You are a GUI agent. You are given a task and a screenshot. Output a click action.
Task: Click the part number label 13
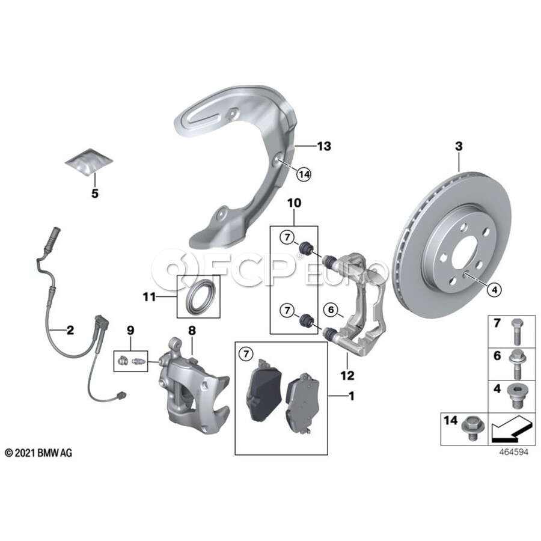point(325,146)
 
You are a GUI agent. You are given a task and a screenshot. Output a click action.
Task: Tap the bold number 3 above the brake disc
point(459,146)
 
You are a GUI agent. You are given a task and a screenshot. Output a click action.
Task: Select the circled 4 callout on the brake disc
point(494,290)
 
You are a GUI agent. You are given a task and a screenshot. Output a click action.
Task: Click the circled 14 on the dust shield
point(304,174)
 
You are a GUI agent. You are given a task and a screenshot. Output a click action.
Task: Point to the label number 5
point(94,194)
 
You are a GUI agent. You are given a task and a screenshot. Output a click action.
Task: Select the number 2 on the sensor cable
point(70,329)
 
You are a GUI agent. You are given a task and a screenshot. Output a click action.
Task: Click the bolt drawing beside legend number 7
point(516,329)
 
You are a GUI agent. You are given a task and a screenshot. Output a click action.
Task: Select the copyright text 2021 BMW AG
point(38,453)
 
